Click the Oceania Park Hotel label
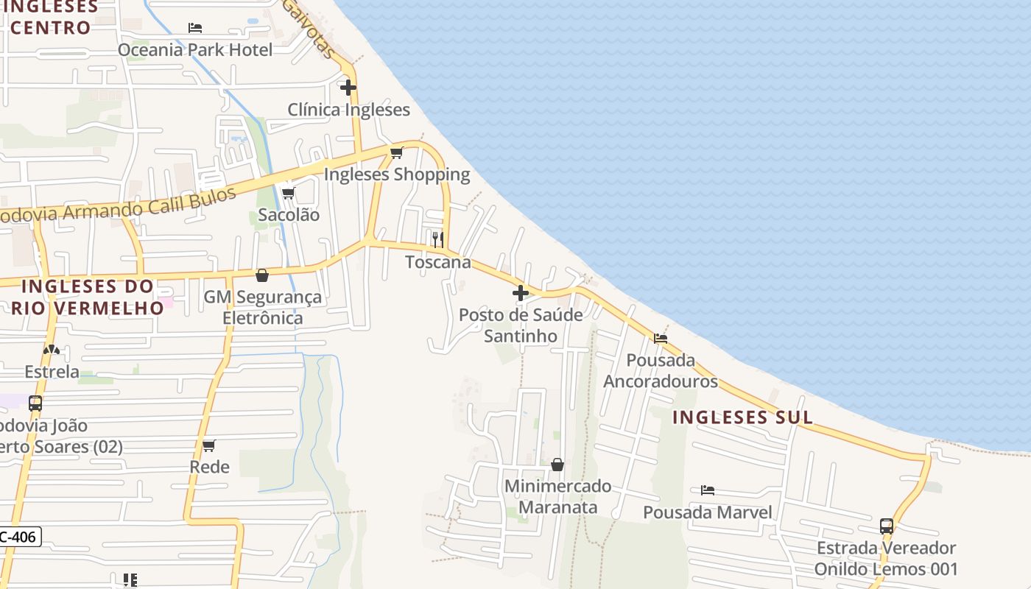coord(195,50)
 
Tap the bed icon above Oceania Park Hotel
coord(195,28)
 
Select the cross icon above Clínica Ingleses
coord(348,88)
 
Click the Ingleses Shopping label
coord(396,174)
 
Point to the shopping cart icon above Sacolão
coord(289,193)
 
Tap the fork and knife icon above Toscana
coord(437,239)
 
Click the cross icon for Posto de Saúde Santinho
coord(521,293)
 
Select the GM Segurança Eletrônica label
coord(263,308)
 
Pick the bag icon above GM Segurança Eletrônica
coord(261,275)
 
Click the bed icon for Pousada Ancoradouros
coord(661,339)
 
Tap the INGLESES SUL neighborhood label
coord(742,417)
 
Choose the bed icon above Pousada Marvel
coord(708,490)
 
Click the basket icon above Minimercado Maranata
coord(557,465)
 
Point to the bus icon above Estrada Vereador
coord(887,526)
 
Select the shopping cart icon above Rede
coord(209,445)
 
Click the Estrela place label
coord(52,372)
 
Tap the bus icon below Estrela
coord(35,403)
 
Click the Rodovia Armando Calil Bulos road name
coord(118,206)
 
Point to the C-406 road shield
coord(21,537)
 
